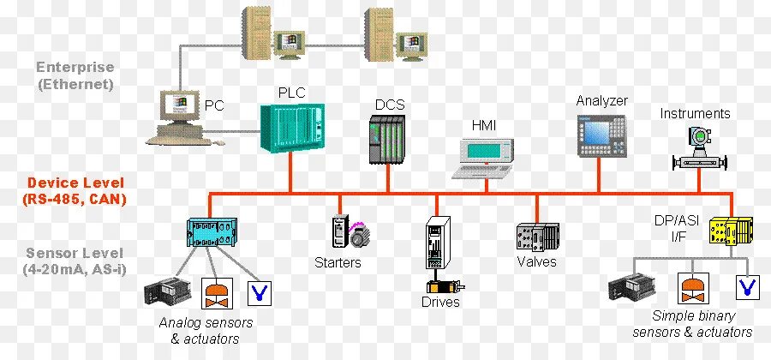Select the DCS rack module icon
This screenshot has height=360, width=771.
tap(386, 140)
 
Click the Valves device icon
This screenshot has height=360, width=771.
tap(537, 236)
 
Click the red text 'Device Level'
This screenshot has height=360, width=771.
tap(75, 183)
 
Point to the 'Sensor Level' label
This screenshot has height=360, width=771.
tap(75, 254)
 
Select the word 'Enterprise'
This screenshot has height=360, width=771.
tap(75, 68)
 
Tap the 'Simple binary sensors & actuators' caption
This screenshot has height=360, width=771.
tap(691, 324)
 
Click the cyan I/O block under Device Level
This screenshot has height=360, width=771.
tap(210, 232)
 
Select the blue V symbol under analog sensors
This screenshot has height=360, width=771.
tap(257, 292)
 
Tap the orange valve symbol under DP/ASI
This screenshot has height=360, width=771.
tap(690, 289)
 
